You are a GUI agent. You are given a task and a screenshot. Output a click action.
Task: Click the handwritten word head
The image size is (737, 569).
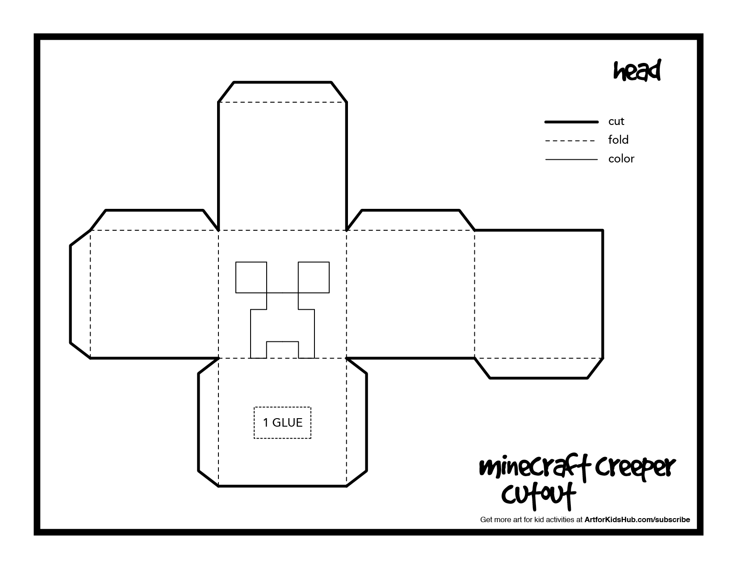[637, 71]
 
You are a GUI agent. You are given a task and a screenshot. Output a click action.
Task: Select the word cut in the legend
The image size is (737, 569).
[616, 121]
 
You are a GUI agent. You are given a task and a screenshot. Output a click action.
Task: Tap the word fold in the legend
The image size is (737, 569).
[618, 140]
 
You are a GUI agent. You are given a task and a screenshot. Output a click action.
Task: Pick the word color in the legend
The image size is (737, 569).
[621, 159]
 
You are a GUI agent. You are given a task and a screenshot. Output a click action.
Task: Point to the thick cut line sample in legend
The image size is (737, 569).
[571, 122]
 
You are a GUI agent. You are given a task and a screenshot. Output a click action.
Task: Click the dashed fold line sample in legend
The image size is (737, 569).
[570, 141]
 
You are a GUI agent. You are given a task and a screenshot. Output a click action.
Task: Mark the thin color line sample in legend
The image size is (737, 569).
[571, 159]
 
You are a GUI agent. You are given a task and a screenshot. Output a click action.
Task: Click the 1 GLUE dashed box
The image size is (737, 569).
[282, 422]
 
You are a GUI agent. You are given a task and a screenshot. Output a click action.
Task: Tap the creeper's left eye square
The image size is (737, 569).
[251, 277]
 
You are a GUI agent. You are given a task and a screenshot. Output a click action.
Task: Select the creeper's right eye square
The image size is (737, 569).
[314, 277]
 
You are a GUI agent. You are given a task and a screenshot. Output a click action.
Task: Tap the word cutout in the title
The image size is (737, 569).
[538, 495]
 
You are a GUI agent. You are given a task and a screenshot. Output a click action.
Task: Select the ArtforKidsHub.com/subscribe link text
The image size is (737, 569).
[637, 519]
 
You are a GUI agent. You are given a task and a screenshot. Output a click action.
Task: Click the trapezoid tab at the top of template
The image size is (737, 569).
[282, 92]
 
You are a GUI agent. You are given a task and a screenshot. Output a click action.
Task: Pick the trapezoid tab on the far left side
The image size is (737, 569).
[80, 295]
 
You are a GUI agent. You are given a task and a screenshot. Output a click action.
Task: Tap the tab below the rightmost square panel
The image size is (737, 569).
[539, 368]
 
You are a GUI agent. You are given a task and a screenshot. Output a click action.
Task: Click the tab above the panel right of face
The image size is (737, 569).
[410, 220]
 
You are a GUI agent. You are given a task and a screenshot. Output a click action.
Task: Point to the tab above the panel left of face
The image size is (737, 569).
[154, 220]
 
